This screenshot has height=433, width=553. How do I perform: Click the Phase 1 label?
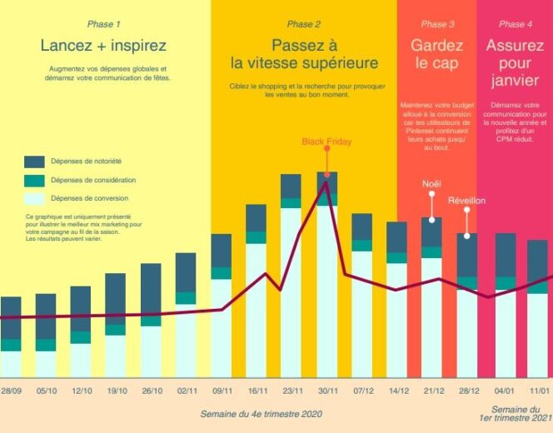click(x=103, y=24)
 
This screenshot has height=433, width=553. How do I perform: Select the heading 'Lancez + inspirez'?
click(x=103, y=45)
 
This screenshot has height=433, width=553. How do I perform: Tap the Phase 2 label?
click(x=304, y=24)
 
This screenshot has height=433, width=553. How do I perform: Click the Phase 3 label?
click(x=438, y=24)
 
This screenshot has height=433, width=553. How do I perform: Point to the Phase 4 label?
click(x=512, y=24)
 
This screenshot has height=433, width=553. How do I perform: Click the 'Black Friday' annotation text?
click(x=326, y=142)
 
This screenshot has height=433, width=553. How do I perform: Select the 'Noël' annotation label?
click(x=431, y=183)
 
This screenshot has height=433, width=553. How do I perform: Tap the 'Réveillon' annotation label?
click(x=466, y=201)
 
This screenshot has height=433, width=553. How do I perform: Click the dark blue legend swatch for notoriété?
click(x=34, y=162)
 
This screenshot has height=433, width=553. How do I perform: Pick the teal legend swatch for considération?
click(x=34, y=180)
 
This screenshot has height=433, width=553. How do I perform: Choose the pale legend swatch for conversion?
click(x=34, y=199)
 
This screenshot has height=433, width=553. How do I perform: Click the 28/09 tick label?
click(x=11, y=391)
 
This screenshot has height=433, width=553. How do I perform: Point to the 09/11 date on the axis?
click(x=222, y=391)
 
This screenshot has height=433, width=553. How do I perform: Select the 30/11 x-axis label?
click(x=326, y=391)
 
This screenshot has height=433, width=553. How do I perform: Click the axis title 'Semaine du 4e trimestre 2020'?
click(x=261, y=413)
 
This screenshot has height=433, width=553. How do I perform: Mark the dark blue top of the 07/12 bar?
click(x=361, y=226)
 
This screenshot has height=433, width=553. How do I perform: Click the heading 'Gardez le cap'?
click(x=436, y=54)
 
